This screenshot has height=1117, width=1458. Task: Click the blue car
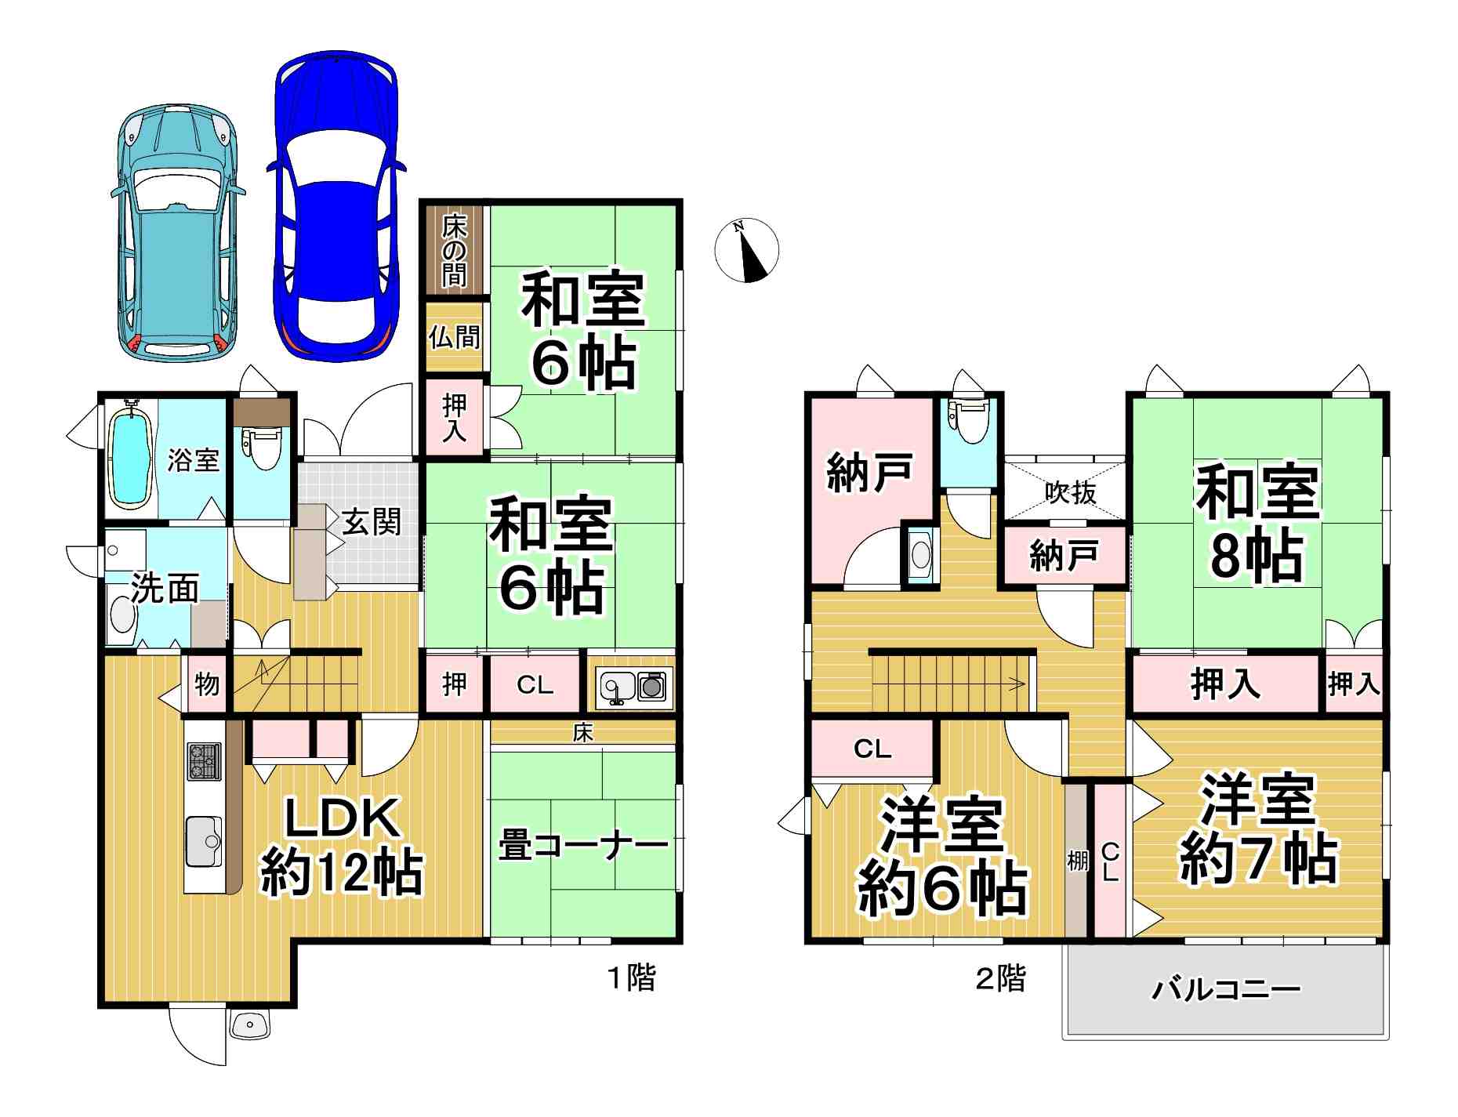tap(335, 208)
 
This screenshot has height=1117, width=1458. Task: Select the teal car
tap(178, 233)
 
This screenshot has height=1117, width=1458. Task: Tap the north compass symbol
tap(746, 250)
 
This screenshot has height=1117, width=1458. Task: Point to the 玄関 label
tap(372, 522)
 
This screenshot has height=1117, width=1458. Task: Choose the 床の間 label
tap(455, 251)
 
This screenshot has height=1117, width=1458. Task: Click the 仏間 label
tap(455, 337)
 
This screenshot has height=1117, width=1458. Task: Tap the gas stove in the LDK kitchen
tap(205, 761)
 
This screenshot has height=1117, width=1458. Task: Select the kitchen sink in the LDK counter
tap(204, 841)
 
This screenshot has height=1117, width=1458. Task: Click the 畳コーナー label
tap(584, 846)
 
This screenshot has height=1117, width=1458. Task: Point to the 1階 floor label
tap(633, 978)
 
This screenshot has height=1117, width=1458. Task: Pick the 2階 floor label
tap(1000, 978)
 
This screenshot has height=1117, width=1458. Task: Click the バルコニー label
tap(1226, 990)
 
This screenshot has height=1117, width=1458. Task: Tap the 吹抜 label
tap(1071, 493)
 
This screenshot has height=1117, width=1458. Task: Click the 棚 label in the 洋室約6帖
tap(1078, 861)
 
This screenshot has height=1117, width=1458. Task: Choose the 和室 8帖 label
tap(1257, 524)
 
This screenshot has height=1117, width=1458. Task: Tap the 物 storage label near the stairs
tap(207, 684)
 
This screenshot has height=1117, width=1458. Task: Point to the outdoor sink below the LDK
tap(250, 1024)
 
